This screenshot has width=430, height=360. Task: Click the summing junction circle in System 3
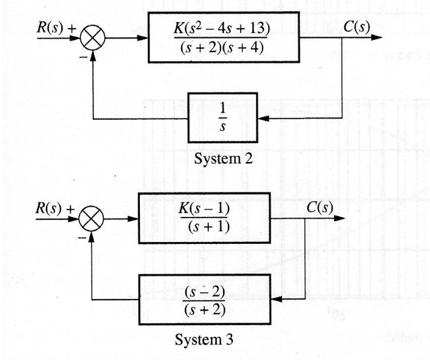click(x=93, y=218)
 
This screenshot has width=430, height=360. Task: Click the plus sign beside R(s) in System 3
click(x=71, y=207)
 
